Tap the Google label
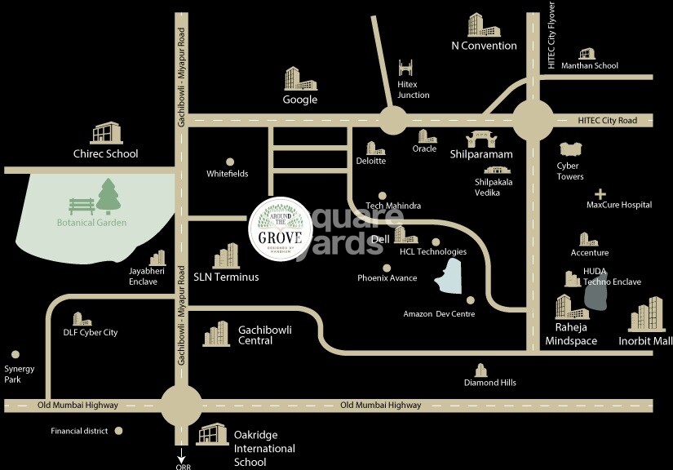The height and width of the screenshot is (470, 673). coord(300,100)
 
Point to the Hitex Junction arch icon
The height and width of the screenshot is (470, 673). coord(407,69)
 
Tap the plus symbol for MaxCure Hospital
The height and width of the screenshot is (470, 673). coord(601,194)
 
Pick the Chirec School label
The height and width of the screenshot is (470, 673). coord(106,153)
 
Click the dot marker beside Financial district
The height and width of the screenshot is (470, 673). coord(118,430)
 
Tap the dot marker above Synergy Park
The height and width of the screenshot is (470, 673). coord(15,355)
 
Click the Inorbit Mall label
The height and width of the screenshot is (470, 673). coord(645,340)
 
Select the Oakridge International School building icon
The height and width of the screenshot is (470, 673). coord(213,434)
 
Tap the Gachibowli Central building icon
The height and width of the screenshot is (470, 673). coord(216,333)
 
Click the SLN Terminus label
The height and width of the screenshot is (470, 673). coord(226,277)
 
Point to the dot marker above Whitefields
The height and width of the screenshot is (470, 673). coord(230,162)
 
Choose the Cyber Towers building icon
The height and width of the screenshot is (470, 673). coord(569,149)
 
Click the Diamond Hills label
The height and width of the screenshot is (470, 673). coord(490,383)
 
